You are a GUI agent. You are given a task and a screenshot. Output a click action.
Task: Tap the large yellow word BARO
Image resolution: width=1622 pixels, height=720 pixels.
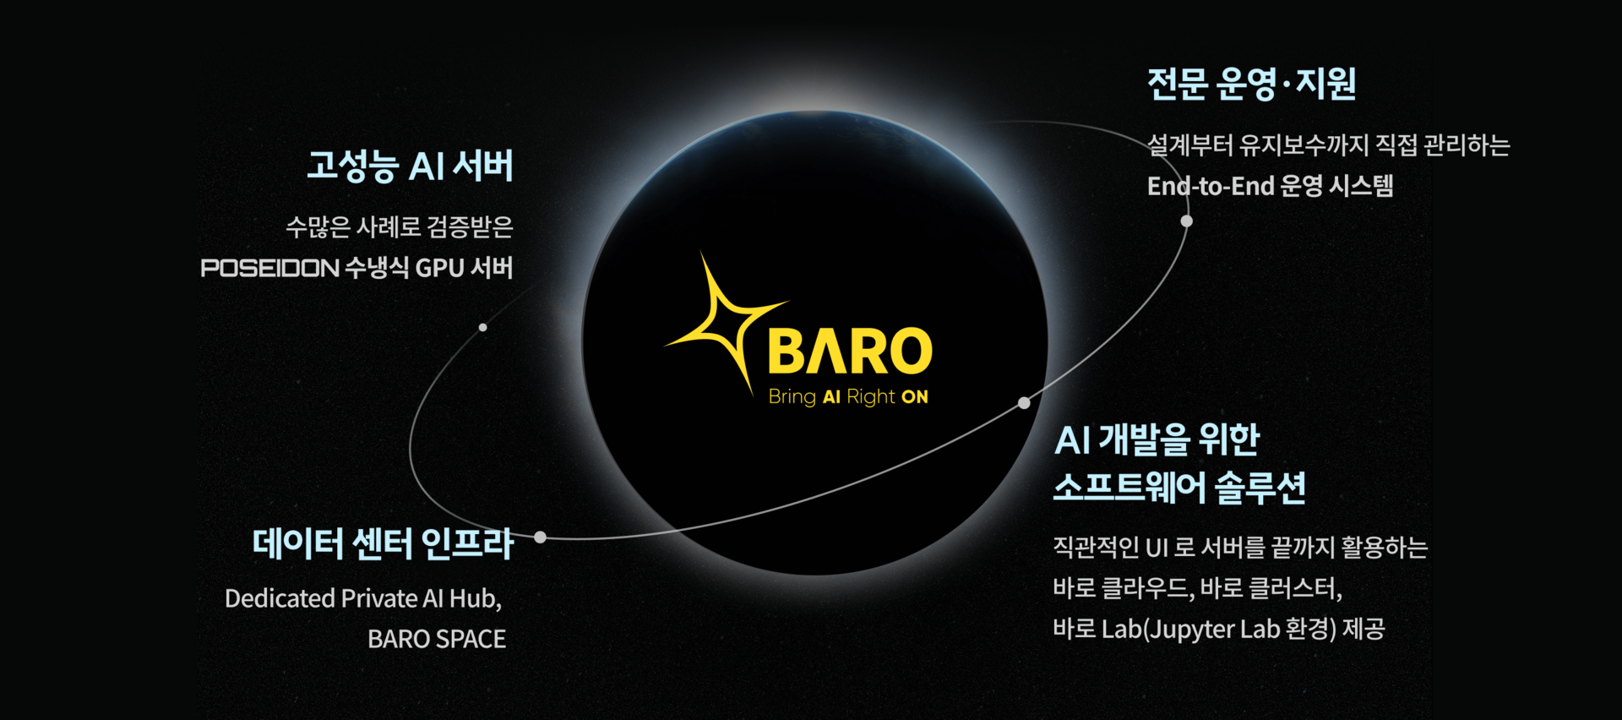[850, 351]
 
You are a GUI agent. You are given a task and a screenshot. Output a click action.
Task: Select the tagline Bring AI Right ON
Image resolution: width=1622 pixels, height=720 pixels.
[848, 397]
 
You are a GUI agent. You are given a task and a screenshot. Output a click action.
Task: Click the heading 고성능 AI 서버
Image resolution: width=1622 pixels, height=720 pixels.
[410, 166]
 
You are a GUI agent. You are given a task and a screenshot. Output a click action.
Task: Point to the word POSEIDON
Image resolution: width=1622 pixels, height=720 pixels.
[270, 268]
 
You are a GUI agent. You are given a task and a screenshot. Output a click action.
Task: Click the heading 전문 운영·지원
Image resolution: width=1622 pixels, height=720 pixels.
[1251, 84]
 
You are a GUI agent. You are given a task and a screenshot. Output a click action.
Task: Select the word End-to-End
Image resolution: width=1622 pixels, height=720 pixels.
[1210, 186]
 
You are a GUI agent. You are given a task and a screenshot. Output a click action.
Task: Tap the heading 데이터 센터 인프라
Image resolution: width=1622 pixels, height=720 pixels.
[383, 543]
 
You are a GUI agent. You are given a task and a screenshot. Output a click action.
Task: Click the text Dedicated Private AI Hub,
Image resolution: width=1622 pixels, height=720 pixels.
[363, 598]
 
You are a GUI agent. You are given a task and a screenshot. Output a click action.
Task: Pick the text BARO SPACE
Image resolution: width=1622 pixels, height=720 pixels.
[437, 639]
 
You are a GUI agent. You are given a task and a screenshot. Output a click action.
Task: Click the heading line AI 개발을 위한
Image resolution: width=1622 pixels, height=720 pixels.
[1157, 439]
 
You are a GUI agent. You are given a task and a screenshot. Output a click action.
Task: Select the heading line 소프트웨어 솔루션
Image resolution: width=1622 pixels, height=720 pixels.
[1179, 488]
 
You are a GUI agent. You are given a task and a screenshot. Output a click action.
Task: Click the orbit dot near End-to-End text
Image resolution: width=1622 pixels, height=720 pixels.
[1187, 221]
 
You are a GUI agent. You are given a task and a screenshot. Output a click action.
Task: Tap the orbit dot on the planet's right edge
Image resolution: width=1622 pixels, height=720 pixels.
[1024, 403]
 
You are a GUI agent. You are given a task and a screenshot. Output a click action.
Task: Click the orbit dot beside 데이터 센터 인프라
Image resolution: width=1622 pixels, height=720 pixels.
[541, 537]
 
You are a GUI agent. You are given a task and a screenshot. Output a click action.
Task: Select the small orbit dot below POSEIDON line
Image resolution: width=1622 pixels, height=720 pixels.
[482, 327]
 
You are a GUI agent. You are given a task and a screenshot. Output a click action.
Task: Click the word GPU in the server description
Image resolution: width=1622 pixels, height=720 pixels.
[440, 268]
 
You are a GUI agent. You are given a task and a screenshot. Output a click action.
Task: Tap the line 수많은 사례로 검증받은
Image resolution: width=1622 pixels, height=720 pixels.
[400, 226]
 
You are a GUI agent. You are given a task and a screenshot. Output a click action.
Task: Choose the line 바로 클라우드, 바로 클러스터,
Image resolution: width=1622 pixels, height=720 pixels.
[1197, 588]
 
